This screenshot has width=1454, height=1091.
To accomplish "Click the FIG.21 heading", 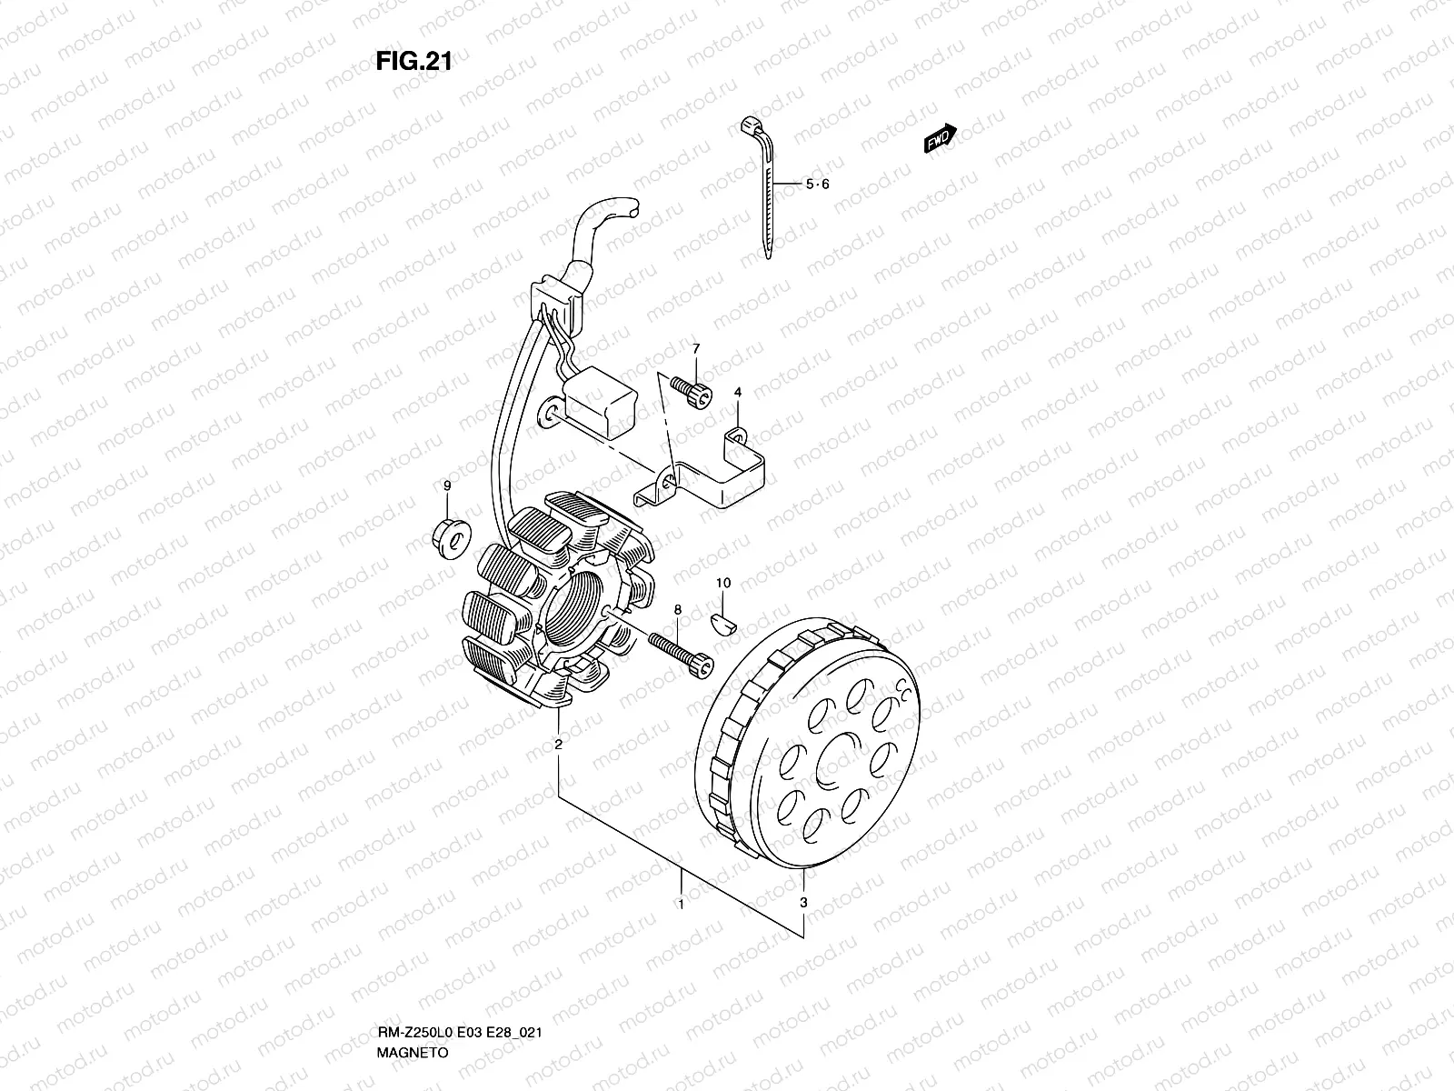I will pos(413,61).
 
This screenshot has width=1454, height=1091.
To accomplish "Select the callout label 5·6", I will pos(818,185).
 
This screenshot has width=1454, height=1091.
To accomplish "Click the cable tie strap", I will pos(765,191).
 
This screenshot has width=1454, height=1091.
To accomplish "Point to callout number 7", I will pos(696,349).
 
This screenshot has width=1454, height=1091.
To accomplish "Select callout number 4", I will pos(738,392).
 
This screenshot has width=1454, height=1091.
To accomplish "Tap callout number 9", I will pos(447,487).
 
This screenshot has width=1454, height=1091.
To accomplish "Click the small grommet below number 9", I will pos(449,535).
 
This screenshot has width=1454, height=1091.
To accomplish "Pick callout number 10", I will pos(723,583).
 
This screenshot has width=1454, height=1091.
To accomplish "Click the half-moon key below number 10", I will pos(723,622).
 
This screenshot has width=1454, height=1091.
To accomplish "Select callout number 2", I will pos(558,746).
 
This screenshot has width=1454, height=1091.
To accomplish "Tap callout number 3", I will pos(803,904).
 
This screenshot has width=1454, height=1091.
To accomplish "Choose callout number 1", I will pos(680,905).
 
